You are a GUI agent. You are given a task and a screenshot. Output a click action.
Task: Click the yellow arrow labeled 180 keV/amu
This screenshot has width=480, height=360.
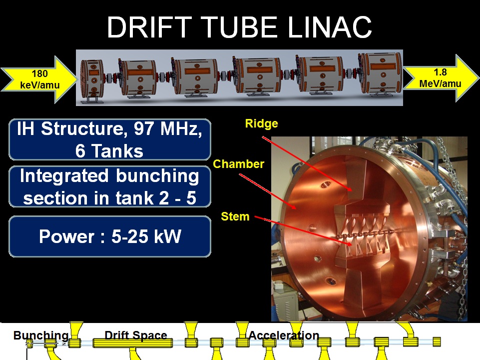pos(39,79)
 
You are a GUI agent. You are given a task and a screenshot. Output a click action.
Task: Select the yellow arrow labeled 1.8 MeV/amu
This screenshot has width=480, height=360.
pos(441,78)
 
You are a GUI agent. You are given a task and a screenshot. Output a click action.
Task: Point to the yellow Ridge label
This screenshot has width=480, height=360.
pos(261,123)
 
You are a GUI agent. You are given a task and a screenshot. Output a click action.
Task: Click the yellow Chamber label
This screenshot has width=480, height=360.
pos(238,164)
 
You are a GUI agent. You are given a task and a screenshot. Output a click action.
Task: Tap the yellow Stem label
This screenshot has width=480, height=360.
pos(235,216)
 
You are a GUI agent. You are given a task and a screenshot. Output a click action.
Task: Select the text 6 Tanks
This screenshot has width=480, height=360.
pos(109,150)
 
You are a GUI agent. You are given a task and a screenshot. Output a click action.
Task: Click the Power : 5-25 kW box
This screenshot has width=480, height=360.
pos(110,236)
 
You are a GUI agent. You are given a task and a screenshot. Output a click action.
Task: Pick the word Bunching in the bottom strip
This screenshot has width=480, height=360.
pos(41,335)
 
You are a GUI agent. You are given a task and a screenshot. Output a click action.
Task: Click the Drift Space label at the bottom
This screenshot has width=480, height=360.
pos(136,335)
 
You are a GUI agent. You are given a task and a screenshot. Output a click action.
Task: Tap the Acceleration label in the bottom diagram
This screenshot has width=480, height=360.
pos(284,335)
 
